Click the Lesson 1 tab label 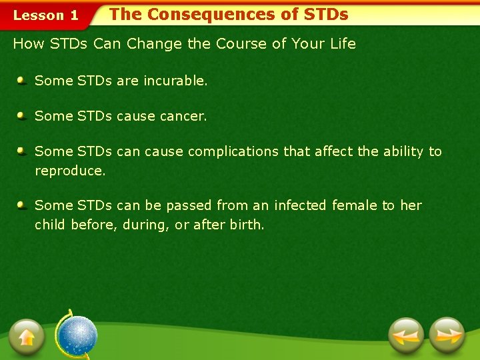pos(46,15)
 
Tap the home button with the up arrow pos(27,336)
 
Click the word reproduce pos(70,171)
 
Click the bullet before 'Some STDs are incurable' pos(22,81)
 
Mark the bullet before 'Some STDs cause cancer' pos(22,116)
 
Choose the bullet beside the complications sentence pos(22,151)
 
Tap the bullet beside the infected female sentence pos(22,205)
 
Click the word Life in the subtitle pos(343,44)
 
